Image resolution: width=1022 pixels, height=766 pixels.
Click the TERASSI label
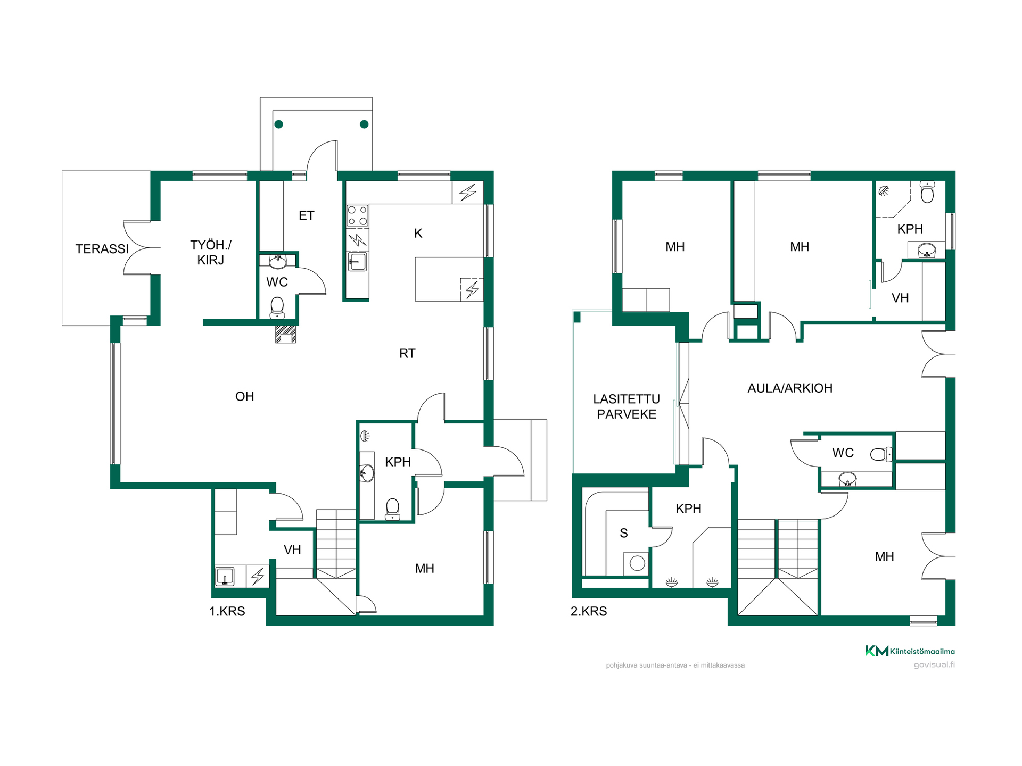click(x=102, y=249)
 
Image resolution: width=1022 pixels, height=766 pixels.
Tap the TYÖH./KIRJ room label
click(x=211, y=253)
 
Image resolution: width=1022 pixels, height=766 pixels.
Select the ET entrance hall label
click(x=307, y=215)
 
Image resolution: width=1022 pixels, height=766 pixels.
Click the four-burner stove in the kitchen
click(x=358, y=216)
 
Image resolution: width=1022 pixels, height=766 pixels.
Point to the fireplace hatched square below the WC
click(x=285, y=334)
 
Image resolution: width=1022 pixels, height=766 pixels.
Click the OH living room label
click(x=245, y=396)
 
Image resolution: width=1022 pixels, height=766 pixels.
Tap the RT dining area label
click(x=407, y=353)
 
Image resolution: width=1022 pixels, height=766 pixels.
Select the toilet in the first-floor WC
click(x=277, y=307)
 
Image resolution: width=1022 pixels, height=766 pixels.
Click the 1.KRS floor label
click(x=227, y=611)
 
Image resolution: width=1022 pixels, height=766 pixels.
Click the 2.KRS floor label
click(x=589, y=611)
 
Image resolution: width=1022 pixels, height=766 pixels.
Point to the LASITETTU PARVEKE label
click(x=627, y=406)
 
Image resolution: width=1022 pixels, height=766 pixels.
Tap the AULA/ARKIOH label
click(x=790, y=388)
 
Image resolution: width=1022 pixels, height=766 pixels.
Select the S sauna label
click(x=624, y=533)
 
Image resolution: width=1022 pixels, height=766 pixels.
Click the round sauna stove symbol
click(x=637, y=563)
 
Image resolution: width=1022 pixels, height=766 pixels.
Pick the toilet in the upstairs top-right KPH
click(x=927, y=192)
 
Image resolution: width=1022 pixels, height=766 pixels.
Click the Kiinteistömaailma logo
click(x=910, y=651)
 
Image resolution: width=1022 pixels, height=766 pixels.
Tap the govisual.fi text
click(x=934, y=664)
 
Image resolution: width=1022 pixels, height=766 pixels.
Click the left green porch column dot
click(x=279, y=124)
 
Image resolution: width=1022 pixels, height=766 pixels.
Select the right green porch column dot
click(x=364, y=124)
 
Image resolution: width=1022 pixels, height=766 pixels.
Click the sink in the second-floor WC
click(x=847, y=479)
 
